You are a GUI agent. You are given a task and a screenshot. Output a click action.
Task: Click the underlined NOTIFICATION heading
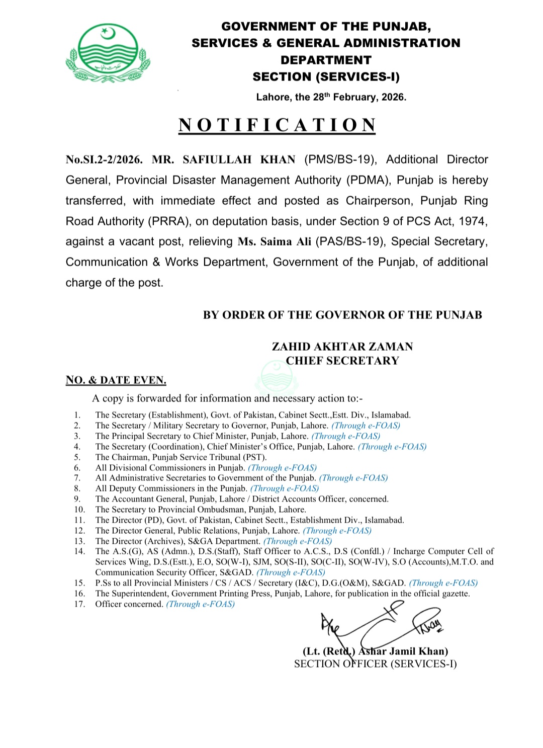277,125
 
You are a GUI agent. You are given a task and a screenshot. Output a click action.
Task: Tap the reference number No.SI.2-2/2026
104,160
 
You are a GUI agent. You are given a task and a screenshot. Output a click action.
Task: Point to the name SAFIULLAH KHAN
239,160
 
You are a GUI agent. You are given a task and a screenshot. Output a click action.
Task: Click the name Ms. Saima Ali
275,242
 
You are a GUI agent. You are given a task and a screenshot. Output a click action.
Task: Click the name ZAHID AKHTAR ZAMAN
342,347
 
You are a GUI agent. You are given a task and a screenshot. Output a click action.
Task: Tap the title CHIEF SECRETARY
342,361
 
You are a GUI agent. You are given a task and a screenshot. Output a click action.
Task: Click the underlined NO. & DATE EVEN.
116,380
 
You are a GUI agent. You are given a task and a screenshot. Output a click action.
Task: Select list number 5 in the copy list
77,457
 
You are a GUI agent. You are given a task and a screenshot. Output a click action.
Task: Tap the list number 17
79,604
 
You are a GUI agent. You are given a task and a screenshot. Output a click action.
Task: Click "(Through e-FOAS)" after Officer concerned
201,604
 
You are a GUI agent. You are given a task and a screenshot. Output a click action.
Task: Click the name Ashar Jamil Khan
403,651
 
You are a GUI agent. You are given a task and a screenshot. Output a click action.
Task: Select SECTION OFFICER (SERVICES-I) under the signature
375,664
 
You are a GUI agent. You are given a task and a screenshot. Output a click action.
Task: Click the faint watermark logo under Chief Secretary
275,376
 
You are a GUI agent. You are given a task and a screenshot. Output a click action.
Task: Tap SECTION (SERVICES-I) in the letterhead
326,77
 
